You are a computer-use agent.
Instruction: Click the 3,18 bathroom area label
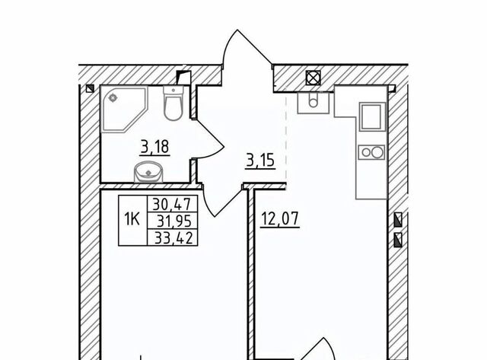[x=155, y=147]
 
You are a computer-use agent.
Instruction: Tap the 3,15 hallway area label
[x=260, y=161]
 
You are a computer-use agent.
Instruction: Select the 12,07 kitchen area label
[x=280, y=219]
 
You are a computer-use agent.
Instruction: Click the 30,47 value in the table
[x=172, y=204]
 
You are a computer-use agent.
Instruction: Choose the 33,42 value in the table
[x=174, y=238]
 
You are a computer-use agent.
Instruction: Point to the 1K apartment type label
[x=132, y=219]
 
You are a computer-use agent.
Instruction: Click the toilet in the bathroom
[x=173, y=103]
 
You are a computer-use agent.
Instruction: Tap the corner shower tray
[x=124, y=110]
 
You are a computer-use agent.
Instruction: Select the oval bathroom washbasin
[x=148, y=172]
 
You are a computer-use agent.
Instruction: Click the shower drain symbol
[x=112, y=98]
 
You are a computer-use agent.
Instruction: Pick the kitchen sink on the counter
[x=372, y=116]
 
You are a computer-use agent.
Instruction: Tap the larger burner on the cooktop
[x=377, y=152]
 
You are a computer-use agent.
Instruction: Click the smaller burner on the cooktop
[x=366, y=152]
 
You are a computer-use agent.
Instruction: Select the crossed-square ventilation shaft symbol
[x=313, y=78]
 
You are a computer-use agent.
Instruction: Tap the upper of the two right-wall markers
[x=398, y=220]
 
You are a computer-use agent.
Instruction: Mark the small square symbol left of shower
[x=90, y=89]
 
